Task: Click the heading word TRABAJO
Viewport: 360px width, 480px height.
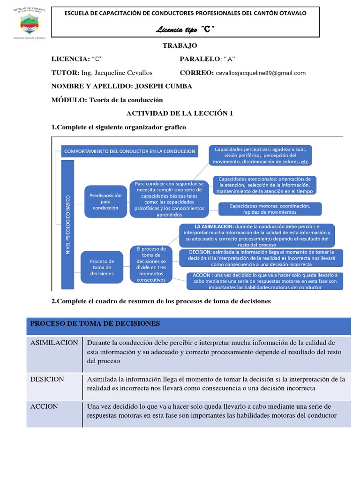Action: (x=180, y=45)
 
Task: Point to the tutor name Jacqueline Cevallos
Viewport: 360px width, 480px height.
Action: (x=117, y=73)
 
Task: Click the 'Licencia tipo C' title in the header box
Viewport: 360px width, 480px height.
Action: (x=185, y=30)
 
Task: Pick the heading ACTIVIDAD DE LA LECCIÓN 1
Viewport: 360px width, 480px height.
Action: (x=180, y=113)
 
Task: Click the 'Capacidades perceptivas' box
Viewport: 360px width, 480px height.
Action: (x=260, y=155)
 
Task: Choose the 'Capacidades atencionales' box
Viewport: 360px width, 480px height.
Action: (x=265, y=185)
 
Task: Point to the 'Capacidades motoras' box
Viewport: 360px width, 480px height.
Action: (x=270, y=209)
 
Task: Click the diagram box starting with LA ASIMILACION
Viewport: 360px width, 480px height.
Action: (x=257, y=235)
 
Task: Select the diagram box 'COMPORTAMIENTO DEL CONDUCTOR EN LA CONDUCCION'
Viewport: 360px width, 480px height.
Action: (x=129, y=152)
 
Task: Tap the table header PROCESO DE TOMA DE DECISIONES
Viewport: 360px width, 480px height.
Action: (x=95, y=323)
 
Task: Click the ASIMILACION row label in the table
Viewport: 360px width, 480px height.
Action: (x=54, y=343)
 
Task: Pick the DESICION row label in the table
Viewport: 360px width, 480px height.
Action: (x=47, y=379)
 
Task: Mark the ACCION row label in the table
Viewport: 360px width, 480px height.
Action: (x=44, y=406)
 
